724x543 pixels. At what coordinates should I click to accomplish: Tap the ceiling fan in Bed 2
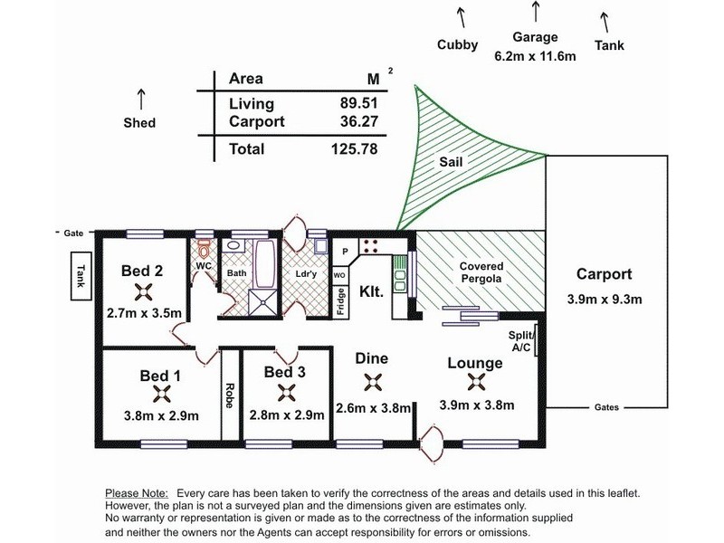(x=144, y=292)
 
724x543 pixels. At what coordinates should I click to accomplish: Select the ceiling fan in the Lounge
(x=476, y=382)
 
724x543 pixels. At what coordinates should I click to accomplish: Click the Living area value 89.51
(x=358, y=102)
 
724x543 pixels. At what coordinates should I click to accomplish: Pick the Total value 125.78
(x=354, y=149)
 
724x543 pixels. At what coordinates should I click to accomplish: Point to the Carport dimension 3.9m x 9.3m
(x=605, y=300)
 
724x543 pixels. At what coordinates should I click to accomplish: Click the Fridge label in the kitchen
(x=341, y=302)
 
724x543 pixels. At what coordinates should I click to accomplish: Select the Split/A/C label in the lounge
(x=521, y=341)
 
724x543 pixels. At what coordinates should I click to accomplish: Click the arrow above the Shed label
(x=141, y=100)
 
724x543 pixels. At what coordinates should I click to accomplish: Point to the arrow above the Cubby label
(x=461, y=17)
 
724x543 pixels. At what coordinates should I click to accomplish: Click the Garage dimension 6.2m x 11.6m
(x=535, y=56)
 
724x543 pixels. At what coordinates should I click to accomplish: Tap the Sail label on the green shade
(x=451, y=162)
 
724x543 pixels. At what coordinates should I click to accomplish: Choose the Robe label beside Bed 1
(x=230, y=395)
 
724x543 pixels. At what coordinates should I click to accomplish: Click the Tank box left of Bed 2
(x=81, y=276)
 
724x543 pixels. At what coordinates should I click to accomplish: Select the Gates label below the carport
(x=606, y=407)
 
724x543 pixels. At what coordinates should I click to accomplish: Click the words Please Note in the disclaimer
(x=137, y=493)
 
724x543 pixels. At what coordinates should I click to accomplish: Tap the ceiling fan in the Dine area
(x=373, y=382)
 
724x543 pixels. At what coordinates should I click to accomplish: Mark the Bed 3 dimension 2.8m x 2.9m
(x=287, y=415)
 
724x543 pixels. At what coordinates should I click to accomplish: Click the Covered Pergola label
(x=481, y=272)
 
